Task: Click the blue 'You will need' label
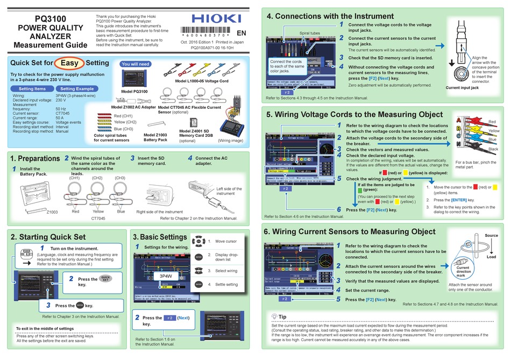click(136, 64)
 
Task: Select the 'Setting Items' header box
click(32, 89)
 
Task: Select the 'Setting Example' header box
click(77, 89)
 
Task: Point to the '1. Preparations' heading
click(35, 159)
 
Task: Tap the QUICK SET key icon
click(105, 279)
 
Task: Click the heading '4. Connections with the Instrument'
click(330, 16)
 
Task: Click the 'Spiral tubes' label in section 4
click(310, 33)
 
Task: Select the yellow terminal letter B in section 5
click(458, 129)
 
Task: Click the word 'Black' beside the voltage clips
click(493, 149)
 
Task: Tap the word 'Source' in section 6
click(491, 236)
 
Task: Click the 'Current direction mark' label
click(463, 271)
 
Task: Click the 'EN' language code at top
click(242, 33)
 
